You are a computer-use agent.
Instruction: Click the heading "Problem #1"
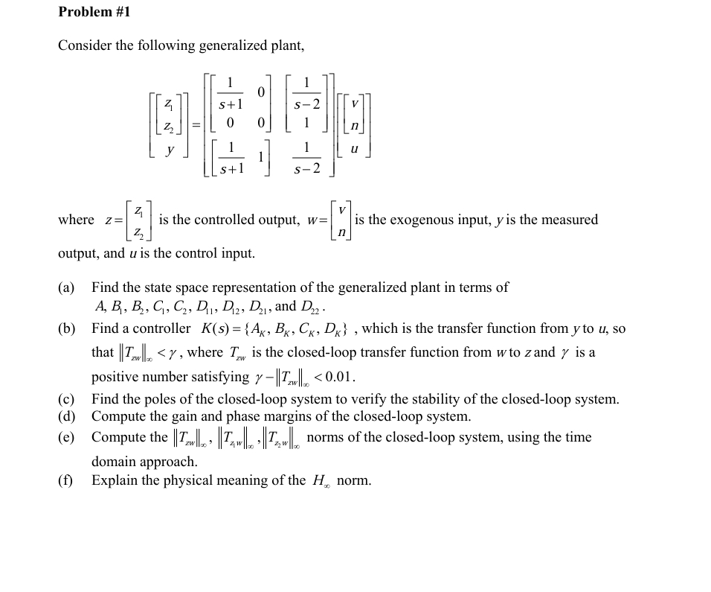coord(94,12)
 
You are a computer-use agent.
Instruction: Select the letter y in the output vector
coord(171,149)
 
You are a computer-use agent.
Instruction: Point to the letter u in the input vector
coord(354,149)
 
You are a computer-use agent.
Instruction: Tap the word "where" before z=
coord(76,220)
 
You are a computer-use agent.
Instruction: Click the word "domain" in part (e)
coord(114,462)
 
